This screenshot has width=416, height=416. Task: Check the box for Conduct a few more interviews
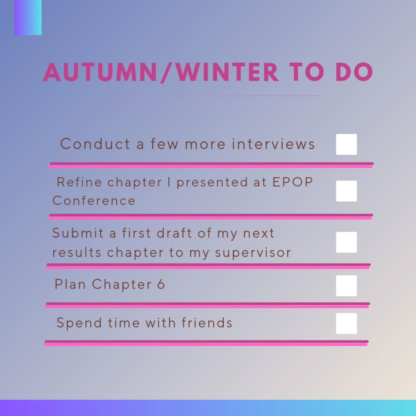click(346, 144)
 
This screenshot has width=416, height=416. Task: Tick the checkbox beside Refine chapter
click(346, 191)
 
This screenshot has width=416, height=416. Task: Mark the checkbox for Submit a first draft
click(346, 242)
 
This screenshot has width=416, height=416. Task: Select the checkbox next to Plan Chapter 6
click(346, 286)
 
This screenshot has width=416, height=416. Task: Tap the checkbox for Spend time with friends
click(346, 324)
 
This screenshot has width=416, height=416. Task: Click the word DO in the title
click(354, 72)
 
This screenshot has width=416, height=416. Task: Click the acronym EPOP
click(293, 182)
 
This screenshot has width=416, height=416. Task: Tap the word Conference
click(94, 201)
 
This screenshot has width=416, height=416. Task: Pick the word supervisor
click(253, 253)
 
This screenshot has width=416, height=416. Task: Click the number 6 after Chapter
click(161, 284)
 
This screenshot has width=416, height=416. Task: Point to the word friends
click(207, 323)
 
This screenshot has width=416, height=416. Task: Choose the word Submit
click(78, 233)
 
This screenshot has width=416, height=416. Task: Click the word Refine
click(79, 182)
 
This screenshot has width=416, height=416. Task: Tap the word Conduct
click(95, 144)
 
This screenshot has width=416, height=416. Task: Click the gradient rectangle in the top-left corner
click(28, 17)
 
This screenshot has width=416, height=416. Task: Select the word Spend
click(79, 323)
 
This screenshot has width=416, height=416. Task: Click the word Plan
click(70, 284)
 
